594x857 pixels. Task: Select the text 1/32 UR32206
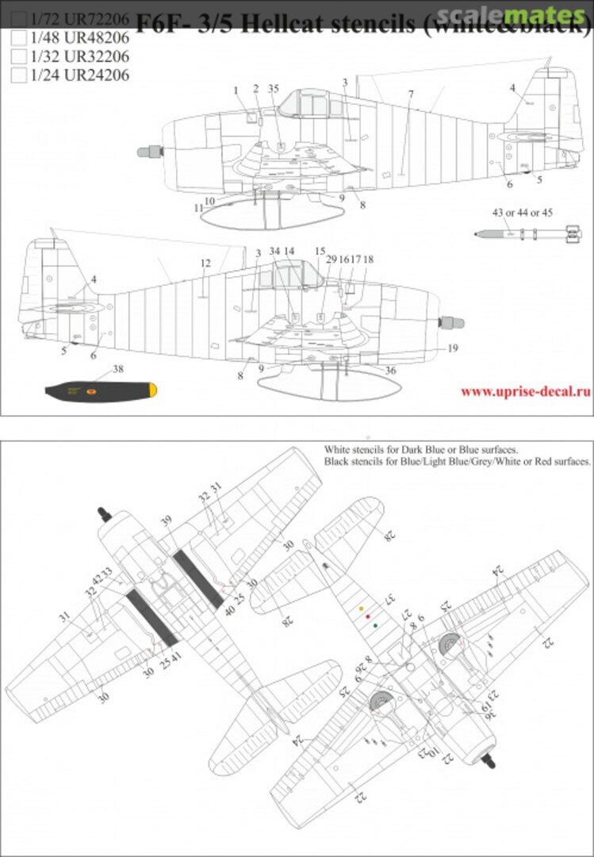(x=79, y=56)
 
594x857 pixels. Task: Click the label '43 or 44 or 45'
(x=522, y=213)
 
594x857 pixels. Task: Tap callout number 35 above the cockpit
(x=274, y=89)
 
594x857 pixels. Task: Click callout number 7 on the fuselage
(x=411, y=95)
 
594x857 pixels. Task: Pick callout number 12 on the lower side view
(x=205, y=263)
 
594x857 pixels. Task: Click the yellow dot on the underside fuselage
(x=362, y=610)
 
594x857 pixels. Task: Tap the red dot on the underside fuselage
(x=368, y=617)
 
